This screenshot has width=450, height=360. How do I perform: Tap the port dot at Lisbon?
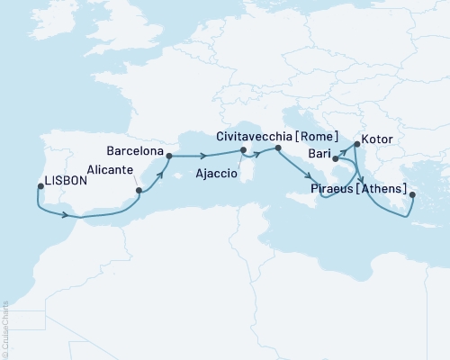point(41,188)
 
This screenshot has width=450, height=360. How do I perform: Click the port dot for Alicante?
point(139,191)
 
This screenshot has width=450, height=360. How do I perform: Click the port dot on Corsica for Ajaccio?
point(243,164)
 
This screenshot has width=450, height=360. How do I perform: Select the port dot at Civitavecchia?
point(267,148)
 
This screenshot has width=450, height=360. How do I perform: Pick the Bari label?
point(316,156)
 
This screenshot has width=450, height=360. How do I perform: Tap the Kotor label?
point(376,141)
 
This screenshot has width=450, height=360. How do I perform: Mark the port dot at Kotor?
point(357,142)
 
